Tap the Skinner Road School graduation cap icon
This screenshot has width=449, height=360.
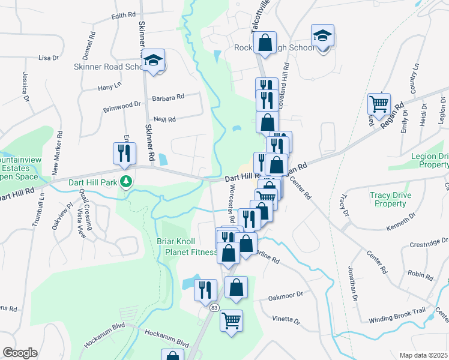point(154,60)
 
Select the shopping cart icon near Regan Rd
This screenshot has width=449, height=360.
point(379,104)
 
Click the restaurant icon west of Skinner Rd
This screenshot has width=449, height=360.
point(124,152)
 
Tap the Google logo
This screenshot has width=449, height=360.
point(20,353)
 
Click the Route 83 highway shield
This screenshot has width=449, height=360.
point(214,307)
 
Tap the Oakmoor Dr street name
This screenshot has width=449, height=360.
point(286,295)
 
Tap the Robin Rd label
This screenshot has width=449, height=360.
point(420,274)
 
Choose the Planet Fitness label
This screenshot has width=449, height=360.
point(191,253)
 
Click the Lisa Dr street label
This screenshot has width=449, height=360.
point(48,58)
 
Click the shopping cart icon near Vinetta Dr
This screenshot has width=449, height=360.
point(231,320)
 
